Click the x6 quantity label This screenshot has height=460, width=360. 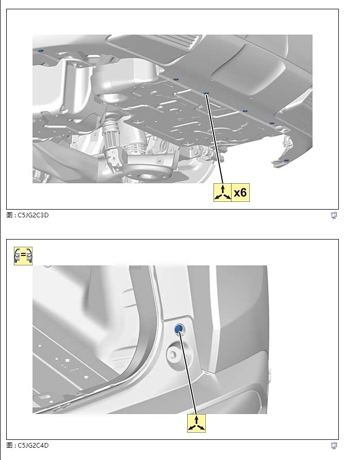coord(240,193)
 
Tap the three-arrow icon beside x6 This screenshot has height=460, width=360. coord(222,193)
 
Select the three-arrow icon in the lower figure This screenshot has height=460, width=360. coord(197,423)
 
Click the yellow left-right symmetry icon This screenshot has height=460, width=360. coord(23,256)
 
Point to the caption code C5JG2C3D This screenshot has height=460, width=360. coord(33,215)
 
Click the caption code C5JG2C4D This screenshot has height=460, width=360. coord(33,446)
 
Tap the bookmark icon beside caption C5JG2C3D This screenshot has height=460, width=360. coord(334,216)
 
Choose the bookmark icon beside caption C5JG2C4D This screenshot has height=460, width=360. coord(334,446)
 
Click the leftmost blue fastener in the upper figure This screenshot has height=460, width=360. coord(40,51)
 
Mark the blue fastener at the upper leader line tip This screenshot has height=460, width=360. coord(206,93)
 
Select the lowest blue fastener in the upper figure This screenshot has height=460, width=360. coord(287,161)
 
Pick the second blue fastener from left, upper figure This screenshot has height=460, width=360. coord(176,79)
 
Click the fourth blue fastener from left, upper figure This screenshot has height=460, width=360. coord(245,112)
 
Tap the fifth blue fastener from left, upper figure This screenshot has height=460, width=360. coord(272,123)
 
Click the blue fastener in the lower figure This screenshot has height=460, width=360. coord(178,329)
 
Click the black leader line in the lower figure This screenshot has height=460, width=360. coord(188,372)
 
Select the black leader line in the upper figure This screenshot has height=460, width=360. coord(215,139)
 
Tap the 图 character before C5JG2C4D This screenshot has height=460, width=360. coord(9,446)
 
